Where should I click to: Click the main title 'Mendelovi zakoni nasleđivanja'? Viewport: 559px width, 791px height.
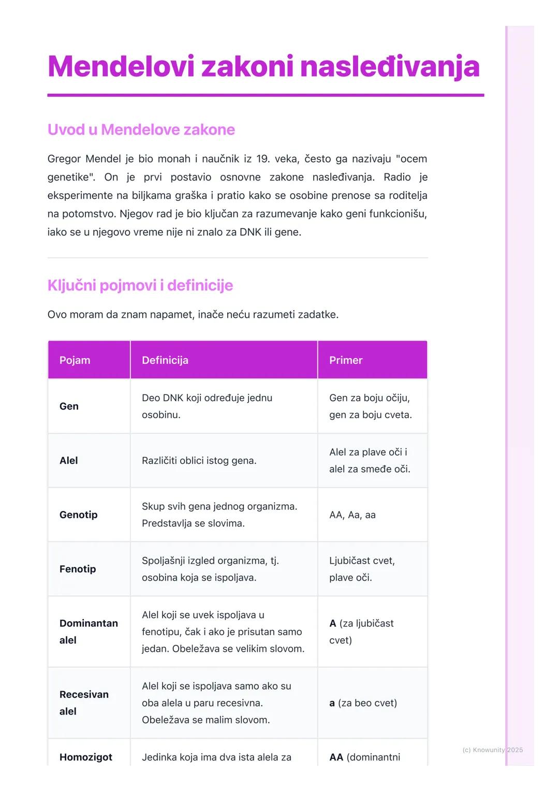click(263, 67)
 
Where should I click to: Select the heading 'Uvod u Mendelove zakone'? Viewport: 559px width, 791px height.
click(141, 129)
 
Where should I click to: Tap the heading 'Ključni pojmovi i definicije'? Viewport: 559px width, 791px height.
click(140, 285)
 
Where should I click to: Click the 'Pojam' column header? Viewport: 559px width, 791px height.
click(75, 360)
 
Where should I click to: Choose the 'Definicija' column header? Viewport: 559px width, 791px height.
click(165, 360)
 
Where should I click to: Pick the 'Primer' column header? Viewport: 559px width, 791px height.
click(346, 360)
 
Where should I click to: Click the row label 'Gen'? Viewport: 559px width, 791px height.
click(69, 406)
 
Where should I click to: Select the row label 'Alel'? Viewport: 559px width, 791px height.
click(68, 461)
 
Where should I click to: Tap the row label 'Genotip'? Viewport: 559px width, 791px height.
click(78, 515)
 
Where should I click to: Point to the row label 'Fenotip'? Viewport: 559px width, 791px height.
click(78, 569)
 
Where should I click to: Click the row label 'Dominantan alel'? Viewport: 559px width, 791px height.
click(88, 632)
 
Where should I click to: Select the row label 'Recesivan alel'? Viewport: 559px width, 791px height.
click(84, 702)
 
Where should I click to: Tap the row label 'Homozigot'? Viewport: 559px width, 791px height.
click(85, 757)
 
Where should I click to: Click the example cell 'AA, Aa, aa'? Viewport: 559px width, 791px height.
click(352, 515)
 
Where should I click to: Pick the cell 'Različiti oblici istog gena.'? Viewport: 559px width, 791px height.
click(199, 461)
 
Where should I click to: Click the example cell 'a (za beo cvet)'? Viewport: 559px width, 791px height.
click(363, 703)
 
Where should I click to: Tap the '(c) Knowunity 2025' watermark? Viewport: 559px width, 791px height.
click(492, 750)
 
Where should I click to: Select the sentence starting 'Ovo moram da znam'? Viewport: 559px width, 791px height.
click(193, 314)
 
